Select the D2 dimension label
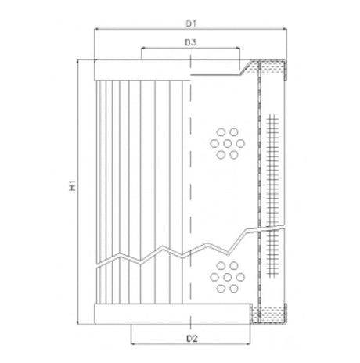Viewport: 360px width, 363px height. pyautogui.click(x=190, y=339)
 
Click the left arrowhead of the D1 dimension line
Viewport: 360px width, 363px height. pyautogui.click(x=96, y=29)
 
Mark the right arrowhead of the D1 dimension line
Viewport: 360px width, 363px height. pyautogui.click(x=286, y=29)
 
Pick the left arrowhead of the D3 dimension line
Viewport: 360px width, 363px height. pyautogui.click(x=143, y=49)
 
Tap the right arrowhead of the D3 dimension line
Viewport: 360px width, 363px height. pyautogui.click(x=237, y=49)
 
